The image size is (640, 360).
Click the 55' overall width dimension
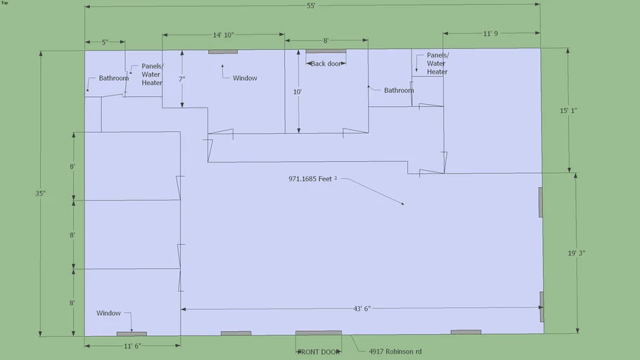click(311, 6)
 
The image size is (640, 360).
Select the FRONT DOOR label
click(319, 352)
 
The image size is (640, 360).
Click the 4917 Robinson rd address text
click(395, 352)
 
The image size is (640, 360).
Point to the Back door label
click(327, 63)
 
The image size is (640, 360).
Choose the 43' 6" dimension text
click(362, 309)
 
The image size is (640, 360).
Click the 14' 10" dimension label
click(223, 34)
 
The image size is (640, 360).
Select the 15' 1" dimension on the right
click(570, 110)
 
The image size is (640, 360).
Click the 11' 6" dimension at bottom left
click(133, 346)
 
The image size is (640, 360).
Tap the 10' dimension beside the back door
click(297, 91)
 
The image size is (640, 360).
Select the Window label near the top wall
click(245, 78)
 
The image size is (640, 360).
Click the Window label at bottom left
click(109, 314)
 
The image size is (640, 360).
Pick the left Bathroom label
click(113, 78)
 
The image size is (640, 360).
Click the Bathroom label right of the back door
click(399, 90)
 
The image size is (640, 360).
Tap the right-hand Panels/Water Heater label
click(437, 63)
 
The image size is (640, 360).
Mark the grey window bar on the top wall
click(222, 51)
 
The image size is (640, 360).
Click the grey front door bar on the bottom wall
click(318, 333)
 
